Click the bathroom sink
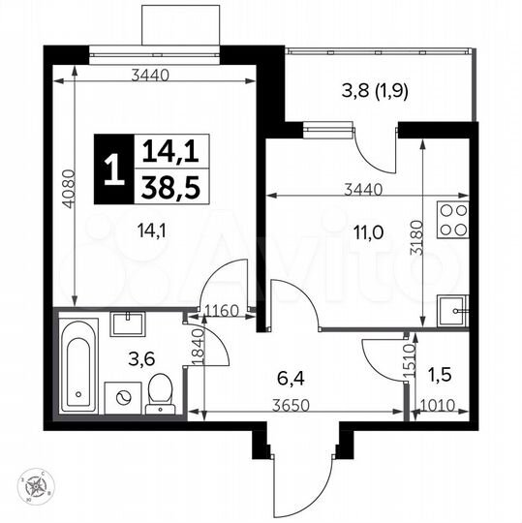click(127, 323)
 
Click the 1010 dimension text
click(440, 406)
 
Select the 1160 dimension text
click(221, 312)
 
